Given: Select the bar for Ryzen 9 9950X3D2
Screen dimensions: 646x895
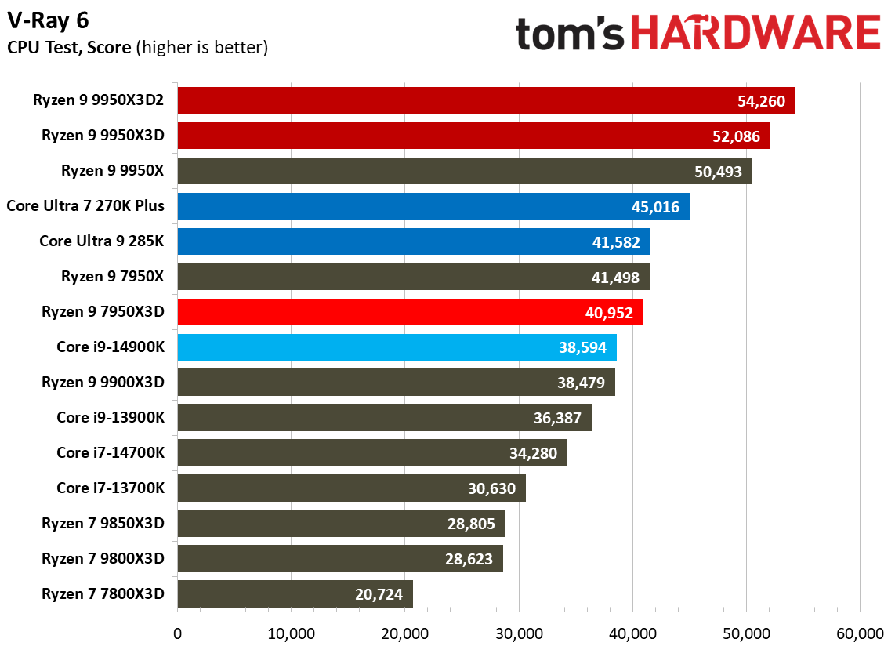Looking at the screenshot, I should click(486, 100).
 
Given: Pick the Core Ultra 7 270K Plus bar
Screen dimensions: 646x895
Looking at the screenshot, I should click(433, 206).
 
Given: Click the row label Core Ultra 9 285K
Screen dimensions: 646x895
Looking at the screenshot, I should click(102, 241).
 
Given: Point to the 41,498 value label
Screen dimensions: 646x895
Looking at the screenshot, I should click(616, 277).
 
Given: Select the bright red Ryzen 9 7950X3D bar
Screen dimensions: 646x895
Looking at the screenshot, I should click(410, 312).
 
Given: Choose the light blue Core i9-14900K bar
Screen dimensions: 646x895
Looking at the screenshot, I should click(397, 347).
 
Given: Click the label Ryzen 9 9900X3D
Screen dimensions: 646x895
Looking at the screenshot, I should click(103, 383).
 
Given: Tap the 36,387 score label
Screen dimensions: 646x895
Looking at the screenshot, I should click(557, 418).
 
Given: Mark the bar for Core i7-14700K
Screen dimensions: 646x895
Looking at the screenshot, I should click(372, 453).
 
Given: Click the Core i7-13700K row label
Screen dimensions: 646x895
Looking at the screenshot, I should click(111, 488).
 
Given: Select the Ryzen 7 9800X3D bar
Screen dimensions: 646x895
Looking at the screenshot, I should click(340, 559).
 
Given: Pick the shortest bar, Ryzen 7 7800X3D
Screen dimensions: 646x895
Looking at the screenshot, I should click(295, 594).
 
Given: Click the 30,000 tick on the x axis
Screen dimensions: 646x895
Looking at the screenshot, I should click(519, 633).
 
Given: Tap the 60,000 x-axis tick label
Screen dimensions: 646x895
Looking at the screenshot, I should click(860, 633).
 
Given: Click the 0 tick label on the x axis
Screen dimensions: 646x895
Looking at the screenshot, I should click(178, 633).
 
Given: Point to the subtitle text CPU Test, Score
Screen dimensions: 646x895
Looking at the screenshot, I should click(69, 48).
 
